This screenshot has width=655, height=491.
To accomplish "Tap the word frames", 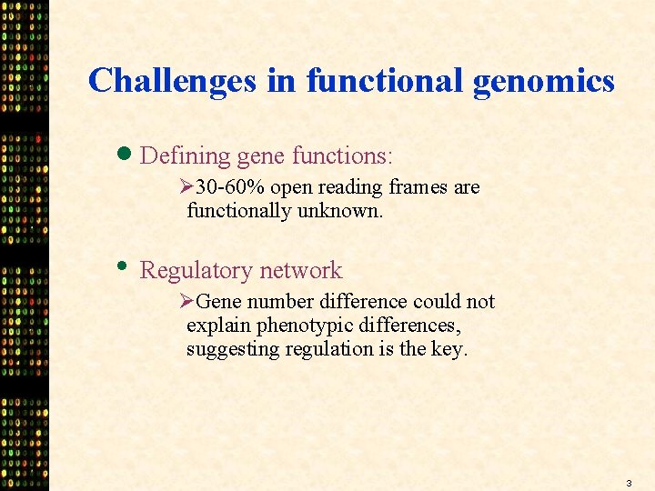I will click(x=418, y=187).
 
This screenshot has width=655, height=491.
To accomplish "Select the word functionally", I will click(x=239, y=211).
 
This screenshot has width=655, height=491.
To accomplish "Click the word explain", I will click(x=218, y=326).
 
